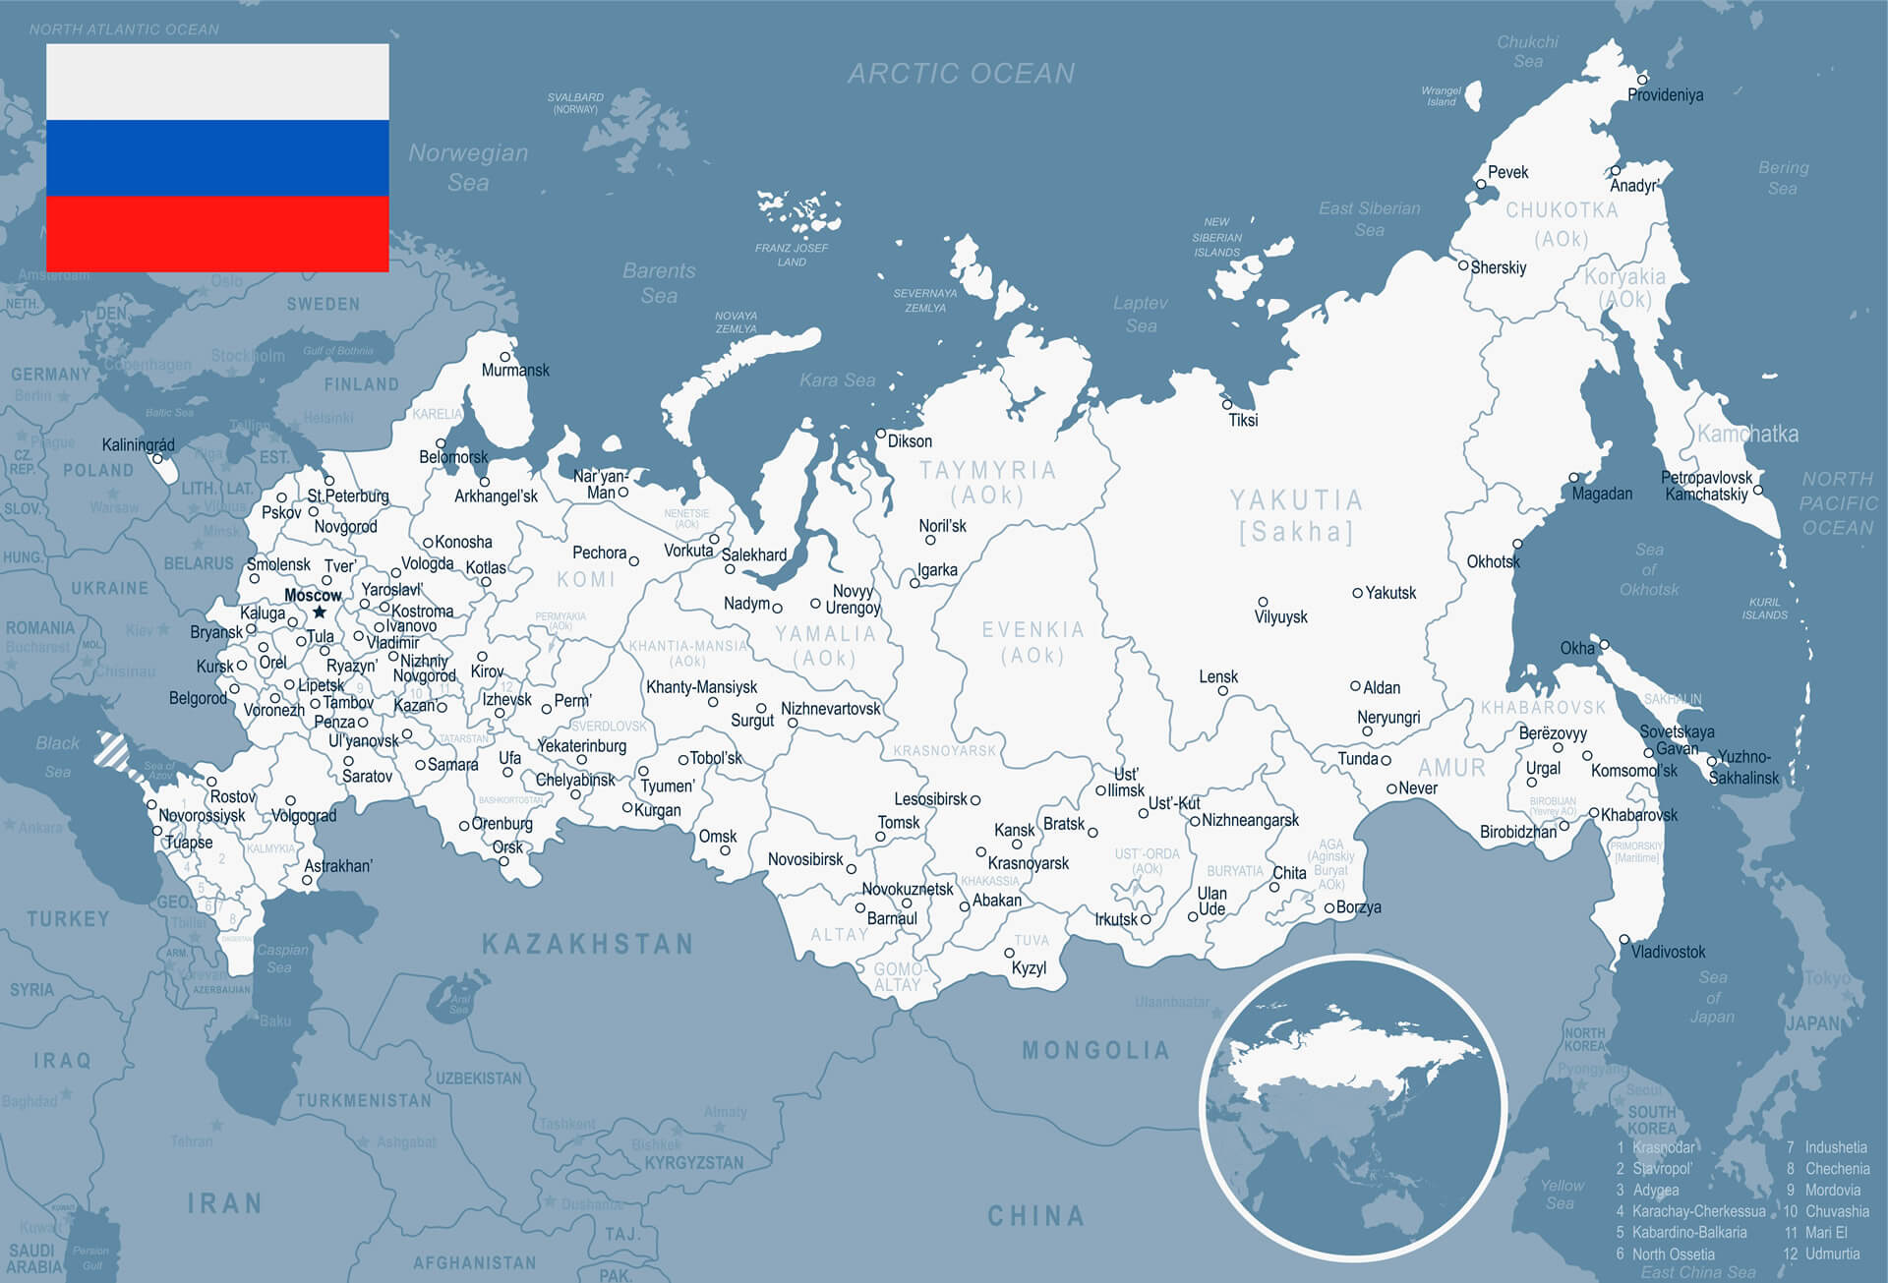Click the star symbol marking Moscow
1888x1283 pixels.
319,612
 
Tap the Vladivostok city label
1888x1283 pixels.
1668,952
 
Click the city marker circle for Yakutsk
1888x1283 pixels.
1357,593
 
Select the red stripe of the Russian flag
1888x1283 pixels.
217,233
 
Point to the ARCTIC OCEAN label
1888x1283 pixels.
961,74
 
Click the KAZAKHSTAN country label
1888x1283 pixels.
587,945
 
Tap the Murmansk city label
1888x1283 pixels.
515,371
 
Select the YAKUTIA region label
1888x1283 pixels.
1296,500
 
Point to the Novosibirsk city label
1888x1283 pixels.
805,860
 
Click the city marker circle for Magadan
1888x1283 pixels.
1573,478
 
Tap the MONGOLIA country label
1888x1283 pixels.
1095,1051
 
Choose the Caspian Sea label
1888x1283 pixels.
281,959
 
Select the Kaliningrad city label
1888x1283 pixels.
138,445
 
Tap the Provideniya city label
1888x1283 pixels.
1665,95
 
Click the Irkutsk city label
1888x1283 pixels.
1116,920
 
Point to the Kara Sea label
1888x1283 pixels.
837,380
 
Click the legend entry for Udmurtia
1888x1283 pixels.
1831,1254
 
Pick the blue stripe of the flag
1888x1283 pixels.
217,157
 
